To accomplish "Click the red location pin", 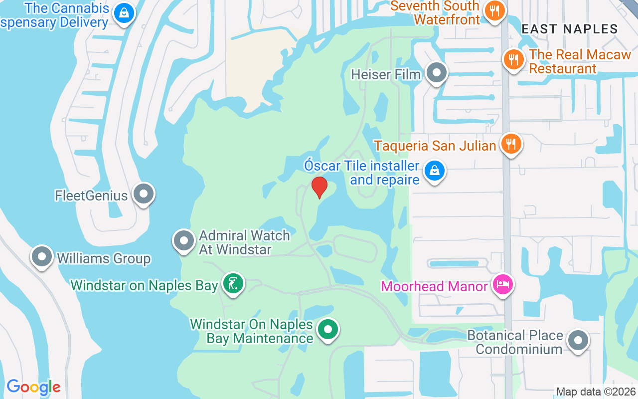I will point(319,187).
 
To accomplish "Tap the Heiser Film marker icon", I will point(437,73).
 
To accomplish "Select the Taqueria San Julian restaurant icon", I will point(510,144).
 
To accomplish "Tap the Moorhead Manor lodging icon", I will point(502,285).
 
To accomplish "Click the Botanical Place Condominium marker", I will point(578,341).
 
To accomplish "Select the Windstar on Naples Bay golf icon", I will point(232,284).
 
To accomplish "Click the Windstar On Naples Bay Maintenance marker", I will point(328,329).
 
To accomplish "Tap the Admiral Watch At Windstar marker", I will point(184,241).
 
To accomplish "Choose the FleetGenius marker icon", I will point(144,194).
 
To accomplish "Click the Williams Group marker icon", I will point(42,257).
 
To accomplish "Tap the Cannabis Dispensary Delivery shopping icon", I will point(123,13).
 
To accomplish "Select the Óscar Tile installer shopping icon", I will point(434,171).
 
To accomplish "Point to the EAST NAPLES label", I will point(569,29).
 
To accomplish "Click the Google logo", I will point(33,387).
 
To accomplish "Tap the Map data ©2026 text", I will point(596,392).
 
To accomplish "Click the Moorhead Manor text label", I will point(434,286).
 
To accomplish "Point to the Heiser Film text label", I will point(386,74).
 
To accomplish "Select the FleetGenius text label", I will point(91,195).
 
